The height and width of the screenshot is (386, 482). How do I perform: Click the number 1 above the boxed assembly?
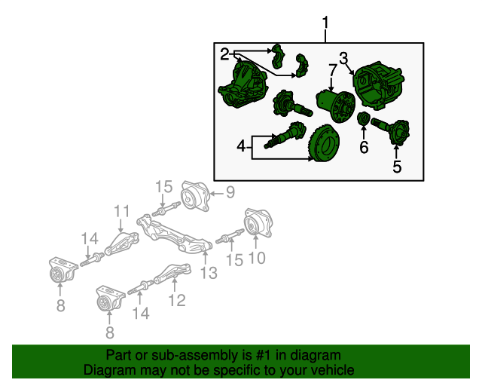tap(325, 23)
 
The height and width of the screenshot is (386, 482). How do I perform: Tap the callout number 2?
tap(224, 54)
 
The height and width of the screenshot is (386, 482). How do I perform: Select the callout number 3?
tap(343, 58)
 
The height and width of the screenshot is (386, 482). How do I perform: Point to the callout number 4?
tap(242, 146)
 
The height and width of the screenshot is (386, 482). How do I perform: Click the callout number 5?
tap(397, 167)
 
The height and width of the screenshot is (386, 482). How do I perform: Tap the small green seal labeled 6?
tap(363, 119)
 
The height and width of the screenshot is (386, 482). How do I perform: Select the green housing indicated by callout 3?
tap(378, 85)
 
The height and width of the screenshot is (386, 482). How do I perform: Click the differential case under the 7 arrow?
tap(336, 106)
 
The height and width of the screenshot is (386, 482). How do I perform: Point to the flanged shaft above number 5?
tap(391, 131)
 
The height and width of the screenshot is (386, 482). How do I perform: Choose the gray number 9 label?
tap(230, 192)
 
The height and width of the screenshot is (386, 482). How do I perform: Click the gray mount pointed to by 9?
tap(195, 196)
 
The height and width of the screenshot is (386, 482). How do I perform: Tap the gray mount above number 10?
tap(258, 224)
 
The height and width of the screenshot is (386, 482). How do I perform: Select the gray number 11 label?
tap(122, 211)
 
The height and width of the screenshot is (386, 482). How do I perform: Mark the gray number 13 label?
tap(209, 273)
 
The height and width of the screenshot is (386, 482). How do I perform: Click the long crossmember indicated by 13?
tap(174, 234)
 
